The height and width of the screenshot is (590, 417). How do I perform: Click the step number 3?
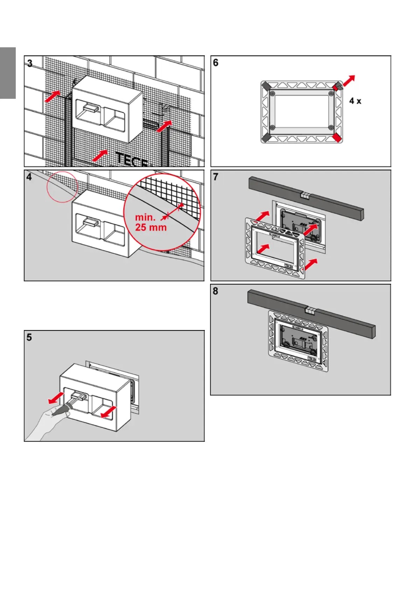click(x=30, y=63)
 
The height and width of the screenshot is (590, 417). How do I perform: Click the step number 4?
click(x=29, y=177)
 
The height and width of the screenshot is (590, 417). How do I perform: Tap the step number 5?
click(x=29, y=337)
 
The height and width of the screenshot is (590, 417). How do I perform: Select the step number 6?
click(x=216, y=63)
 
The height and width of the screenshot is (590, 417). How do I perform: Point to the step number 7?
click(x=216, y=177)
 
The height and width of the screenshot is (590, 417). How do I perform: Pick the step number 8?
click(x=215, y=291)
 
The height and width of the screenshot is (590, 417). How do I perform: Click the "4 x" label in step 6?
click(x=355, y=101)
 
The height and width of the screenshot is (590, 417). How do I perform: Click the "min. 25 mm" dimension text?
click(x=151, y=222)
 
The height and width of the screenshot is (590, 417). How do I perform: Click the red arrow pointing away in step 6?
click(x=348, y=81)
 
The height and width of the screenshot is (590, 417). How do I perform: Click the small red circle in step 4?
click(x=62, y=186)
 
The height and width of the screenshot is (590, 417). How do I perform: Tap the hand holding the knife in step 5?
click(x=49, y=424)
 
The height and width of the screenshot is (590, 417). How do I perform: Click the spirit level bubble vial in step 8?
click(x=310, y=310)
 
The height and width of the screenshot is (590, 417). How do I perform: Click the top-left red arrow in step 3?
click(x=52, y=96)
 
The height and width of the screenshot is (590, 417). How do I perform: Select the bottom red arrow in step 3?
click(x=100, y=155)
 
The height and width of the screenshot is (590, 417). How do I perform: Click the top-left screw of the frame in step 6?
click(x=272, y=94)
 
